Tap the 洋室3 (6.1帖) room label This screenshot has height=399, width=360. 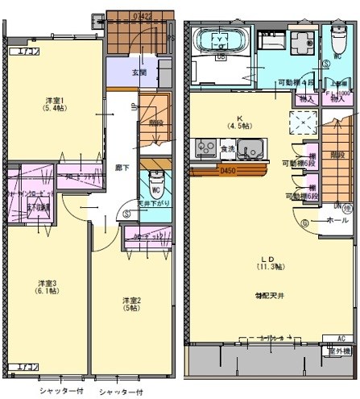click(48, 287)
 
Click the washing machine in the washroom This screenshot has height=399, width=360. click(300, 43)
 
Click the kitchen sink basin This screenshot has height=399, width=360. click(252, 149)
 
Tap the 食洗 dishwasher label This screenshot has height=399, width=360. click(226, 149)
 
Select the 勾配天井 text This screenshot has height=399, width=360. click(263, 295)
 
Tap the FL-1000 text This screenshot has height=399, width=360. click(337, 93)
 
